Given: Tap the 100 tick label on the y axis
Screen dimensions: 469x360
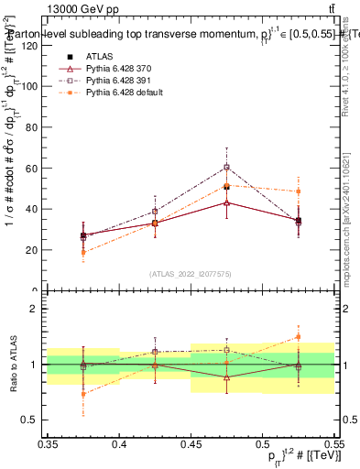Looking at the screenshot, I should click(x=34, y=86).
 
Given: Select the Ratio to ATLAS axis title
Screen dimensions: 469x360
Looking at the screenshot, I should click(x=12, y=365).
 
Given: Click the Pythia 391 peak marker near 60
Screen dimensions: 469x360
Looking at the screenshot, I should click(x=226, y=167).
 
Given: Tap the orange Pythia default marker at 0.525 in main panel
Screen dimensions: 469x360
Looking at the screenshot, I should click(x=298, y=191).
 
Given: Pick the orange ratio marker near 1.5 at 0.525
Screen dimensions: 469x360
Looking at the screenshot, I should click(x=298, y=337).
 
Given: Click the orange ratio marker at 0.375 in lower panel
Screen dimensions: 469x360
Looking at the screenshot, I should click(x=83, y=394).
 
